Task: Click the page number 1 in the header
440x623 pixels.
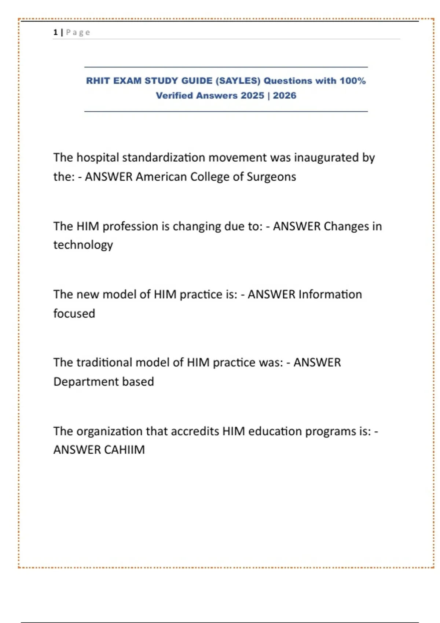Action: tap(55, 32)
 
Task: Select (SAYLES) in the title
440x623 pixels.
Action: tap(238, 81)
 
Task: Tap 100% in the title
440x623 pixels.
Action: tap(352, 81)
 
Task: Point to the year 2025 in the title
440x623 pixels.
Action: tap(252, 96)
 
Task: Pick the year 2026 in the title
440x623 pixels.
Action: tap(285, 96)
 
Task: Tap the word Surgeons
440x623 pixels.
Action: tap(271, 177)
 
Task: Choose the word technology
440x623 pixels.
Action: tap(83, 245)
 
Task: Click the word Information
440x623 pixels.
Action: tap(330, 294)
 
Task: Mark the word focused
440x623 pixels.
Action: tap(74, 313)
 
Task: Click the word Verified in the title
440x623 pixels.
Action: tap(174, 96)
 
